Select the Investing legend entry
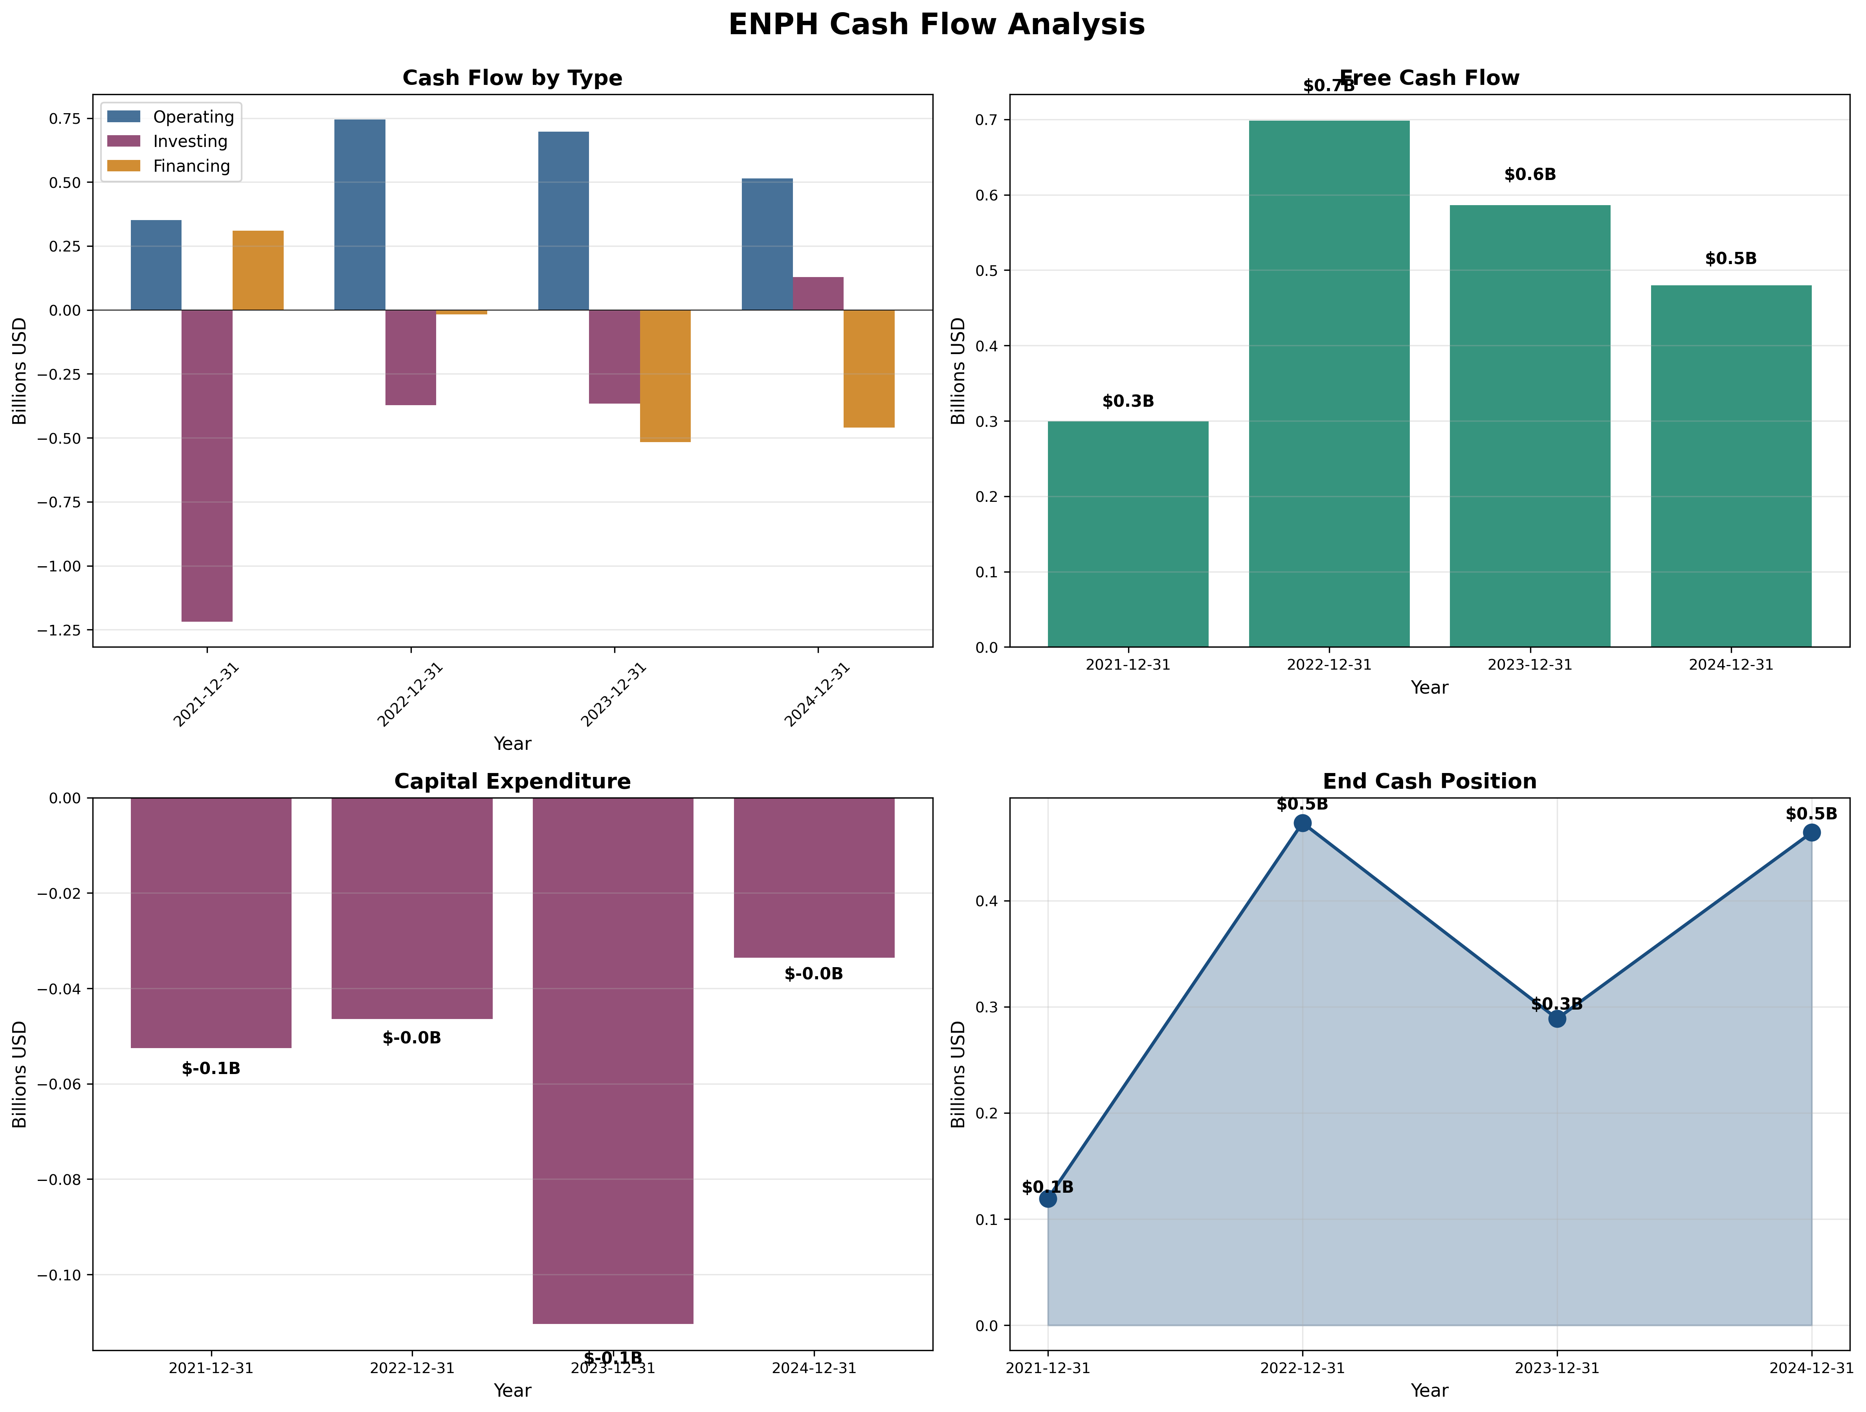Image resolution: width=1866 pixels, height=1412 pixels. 190,142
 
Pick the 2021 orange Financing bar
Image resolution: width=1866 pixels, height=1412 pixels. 258,270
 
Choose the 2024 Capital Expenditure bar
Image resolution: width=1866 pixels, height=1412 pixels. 814,877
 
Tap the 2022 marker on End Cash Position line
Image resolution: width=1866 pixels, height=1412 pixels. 1303,823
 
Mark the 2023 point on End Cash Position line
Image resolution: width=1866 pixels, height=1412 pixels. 1557,1019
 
